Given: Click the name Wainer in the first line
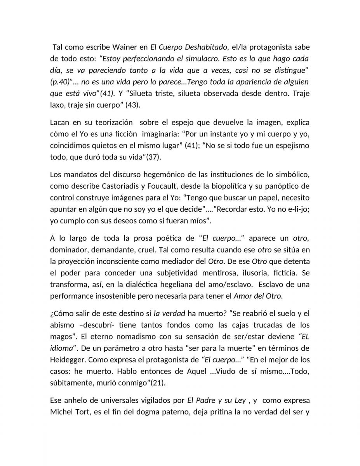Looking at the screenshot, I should [125, 48].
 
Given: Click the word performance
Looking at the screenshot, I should [70, 296].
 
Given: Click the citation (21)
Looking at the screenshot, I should [159, 383].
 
